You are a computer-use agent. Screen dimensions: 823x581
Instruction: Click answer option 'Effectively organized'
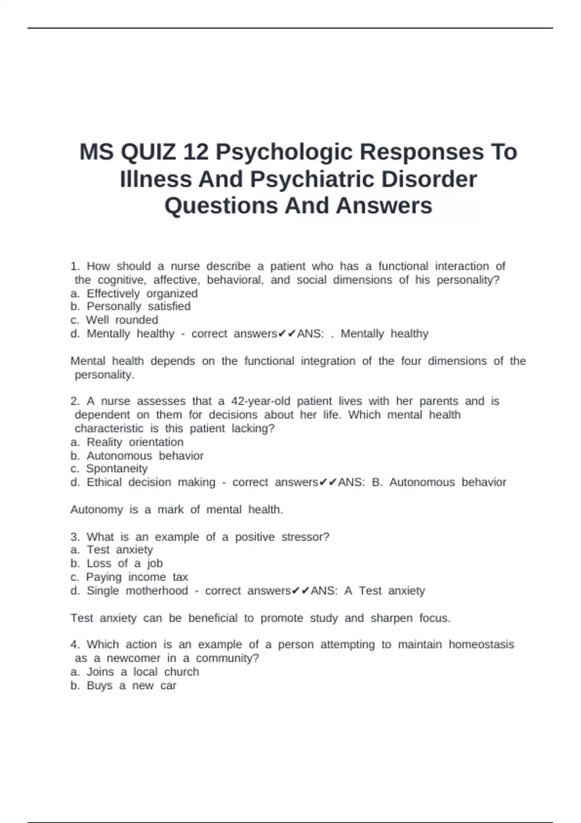coord(142,293)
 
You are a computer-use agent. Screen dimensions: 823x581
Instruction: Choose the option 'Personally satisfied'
coord(138,306)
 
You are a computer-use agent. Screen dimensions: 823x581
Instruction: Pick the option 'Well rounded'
coord(122,320)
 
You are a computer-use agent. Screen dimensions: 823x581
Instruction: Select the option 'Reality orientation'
coord(135,442)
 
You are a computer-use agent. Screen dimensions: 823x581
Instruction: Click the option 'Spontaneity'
coord(117,469)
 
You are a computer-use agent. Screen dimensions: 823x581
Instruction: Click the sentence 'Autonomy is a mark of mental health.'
coord(177,509)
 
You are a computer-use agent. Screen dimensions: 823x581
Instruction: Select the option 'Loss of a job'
coord(124,563)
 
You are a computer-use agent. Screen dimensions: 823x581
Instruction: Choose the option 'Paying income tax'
coord(137,577)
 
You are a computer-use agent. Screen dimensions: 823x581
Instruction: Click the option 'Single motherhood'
coord(137,591)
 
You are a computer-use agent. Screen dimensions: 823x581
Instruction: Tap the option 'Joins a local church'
coord(143,672)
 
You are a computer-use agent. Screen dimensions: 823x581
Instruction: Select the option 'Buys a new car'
coord(131,686)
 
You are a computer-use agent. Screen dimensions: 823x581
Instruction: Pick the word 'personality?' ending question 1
coord(468,280)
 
